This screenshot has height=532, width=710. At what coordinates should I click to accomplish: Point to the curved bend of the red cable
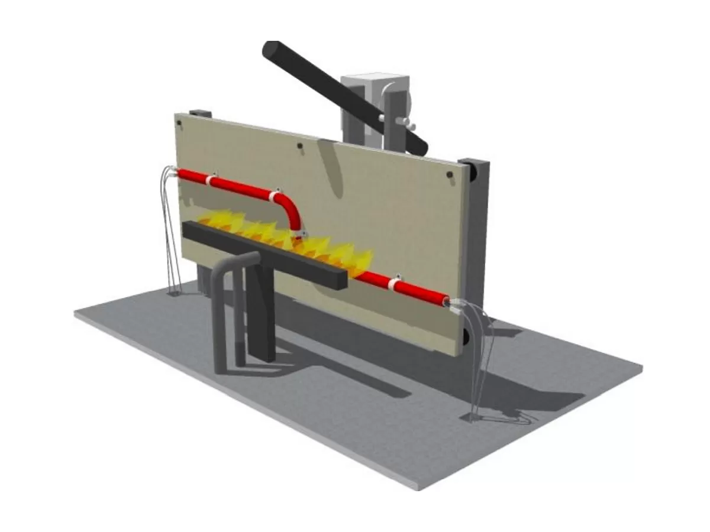(290, 207)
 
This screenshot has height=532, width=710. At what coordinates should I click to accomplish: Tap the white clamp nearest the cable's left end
(209, 180)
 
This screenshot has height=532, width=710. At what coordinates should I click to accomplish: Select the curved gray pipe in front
(228, 296)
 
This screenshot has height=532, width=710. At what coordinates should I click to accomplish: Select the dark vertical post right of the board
(478, 236)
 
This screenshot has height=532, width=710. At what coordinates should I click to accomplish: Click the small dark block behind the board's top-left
(199, 112)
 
